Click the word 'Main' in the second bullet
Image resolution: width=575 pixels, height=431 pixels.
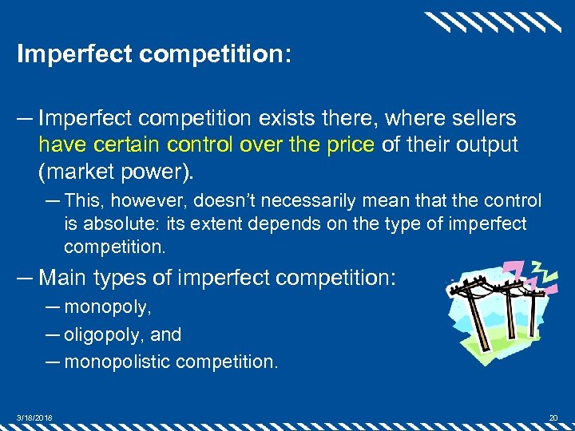click(x=63, y=278)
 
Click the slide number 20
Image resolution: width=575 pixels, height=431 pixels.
click(x=553, y=417)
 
